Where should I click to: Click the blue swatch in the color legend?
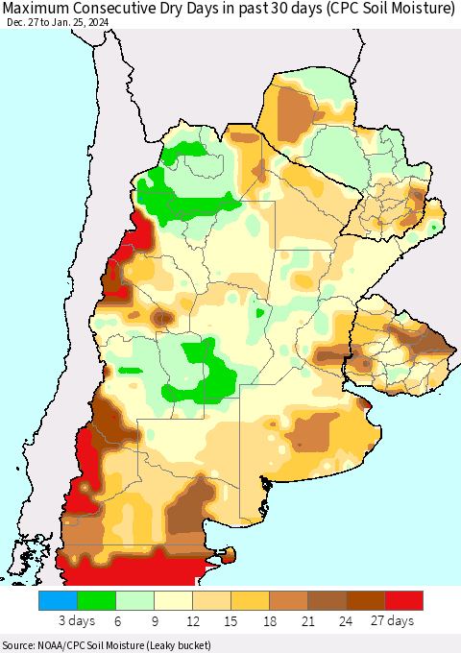click(x=58, y=600)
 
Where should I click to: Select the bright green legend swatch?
click(x=96, y=600)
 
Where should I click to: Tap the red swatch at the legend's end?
click(x=403, y=600)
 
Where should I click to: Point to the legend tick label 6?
click(x=115, y=621)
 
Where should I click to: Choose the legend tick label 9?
click(x=154, y=621)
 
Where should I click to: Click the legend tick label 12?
click(x=192, y=621)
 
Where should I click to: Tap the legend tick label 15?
click(x=230, y=621)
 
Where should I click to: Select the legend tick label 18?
click(x=269, y=621)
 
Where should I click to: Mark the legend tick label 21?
click(x=307, y=621)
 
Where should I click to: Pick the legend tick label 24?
click(x=346, y=621)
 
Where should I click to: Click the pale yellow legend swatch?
click(x=173, y=600)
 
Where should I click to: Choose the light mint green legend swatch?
click(x=134, y=600)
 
